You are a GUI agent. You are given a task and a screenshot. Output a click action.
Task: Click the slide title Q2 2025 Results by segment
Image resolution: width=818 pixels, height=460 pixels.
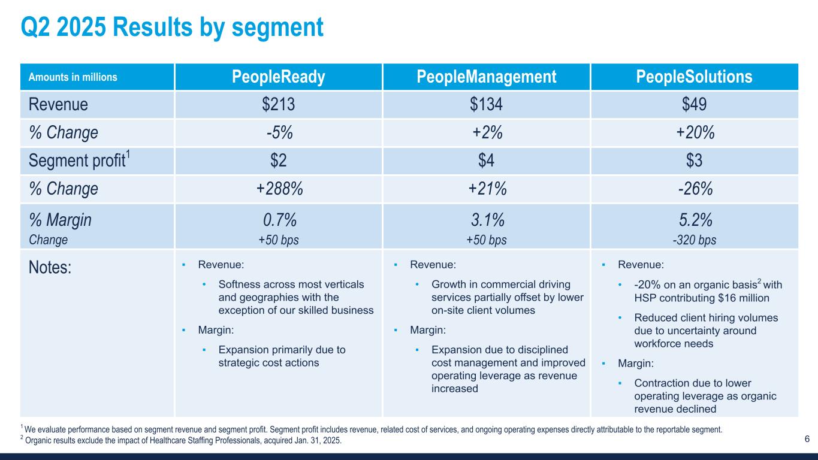click(x=172, y=27)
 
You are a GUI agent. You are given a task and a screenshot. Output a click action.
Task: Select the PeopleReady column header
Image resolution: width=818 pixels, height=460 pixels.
click(x=279, y=77)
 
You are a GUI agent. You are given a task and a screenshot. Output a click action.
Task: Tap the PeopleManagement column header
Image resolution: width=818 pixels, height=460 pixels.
click(x=486, y=77)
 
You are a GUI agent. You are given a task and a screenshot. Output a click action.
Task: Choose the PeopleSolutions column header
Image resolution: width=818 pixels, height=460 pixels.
click(x=694, y=77)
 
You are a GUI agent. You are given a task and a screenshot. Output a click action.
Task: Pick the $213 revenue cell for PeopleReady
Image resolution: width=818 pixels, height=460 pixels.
click(x=279, y=104)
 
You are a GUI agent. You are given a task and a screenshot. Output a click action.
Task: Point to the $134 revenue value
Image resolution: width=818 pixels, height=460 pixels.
click(x=486, y=104)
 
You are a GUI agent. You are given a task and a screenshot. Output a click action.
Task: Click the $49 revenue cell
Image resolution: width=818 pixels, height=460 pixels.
click(x=694, y=104)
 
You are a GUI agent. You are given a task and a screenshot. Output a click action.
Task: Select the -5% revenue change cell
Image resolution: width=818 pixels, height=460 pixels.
click(x=279, y=132)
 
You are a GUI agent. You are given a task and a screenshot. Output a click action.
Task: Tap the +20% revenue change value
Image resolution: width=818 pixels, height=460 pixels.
click(x=694, y=132)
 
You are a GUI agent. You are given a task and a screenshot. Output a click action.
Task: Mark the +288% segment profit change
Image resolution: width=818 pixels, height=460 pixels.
click(x=279, y=189)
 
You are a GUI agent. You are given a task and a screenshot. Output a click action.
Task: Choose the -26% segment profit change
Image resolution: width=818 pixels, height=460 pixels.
click(x=694, y=189)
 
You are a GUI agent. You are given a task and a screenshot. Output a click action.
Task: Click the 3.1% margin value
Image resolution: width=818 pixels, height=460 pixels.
click(x=486, y=220)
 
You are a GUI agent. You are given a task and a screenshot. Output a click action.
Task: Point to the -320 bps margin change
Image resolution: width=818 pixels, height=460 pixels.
click(x=694, y=240)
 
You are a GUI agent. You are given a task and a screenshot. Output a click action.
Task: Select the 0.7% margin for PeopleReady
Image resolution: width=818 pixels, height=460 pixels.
click(x=279, y=220)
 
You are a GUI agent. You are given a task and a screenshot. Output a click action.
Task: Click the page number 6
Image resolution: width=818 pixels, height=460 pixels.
click(x=807, y=439)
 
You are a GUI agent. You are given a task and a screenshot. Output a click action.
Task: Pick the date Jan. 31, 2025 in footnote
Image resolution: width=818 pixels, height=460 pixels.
click(x=315, y=440)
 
